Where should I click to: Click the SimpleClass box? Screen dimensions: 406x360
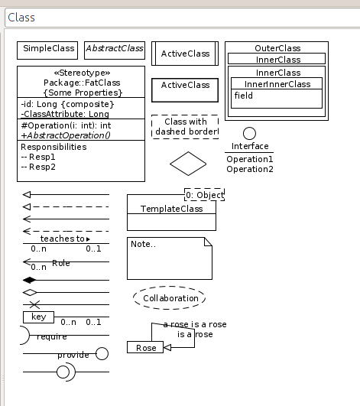click(48, 49)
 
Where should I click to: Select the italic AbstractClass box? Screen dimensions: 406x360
click(114, 49)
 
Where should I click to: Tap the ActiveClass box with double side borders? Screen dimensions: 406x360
click(185, 54)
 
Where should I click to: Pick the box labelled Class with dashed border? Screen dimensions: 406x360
click(185, 127)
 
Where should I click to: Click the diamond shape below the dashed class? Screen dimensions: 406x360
click(188, 163)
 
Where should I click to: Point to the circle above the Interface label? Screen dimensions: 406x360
click(249, 134)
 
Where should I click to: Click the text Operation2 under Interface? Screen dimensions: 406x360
click(250, 169)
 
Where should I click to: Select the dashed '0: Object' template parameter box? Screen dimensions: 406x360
click(204, 195)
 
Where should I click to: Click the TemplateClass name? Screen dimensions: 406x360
click(170, 208)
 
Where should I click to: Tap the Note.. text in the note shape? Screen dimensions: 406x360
click(144, 245)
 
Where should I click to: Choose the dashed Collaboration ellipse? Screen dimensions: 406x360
click(170, 298)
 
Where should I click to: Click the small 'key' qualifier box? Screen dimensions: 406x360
click(38, 317)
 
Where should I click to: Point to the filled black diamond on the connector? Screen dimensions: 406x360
click(31, 280)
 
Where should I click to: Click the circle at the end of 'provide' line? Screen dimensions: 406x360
click(102, 353)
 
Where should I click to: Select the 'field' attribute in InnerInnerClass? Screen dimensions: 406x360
click(244, 96)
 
